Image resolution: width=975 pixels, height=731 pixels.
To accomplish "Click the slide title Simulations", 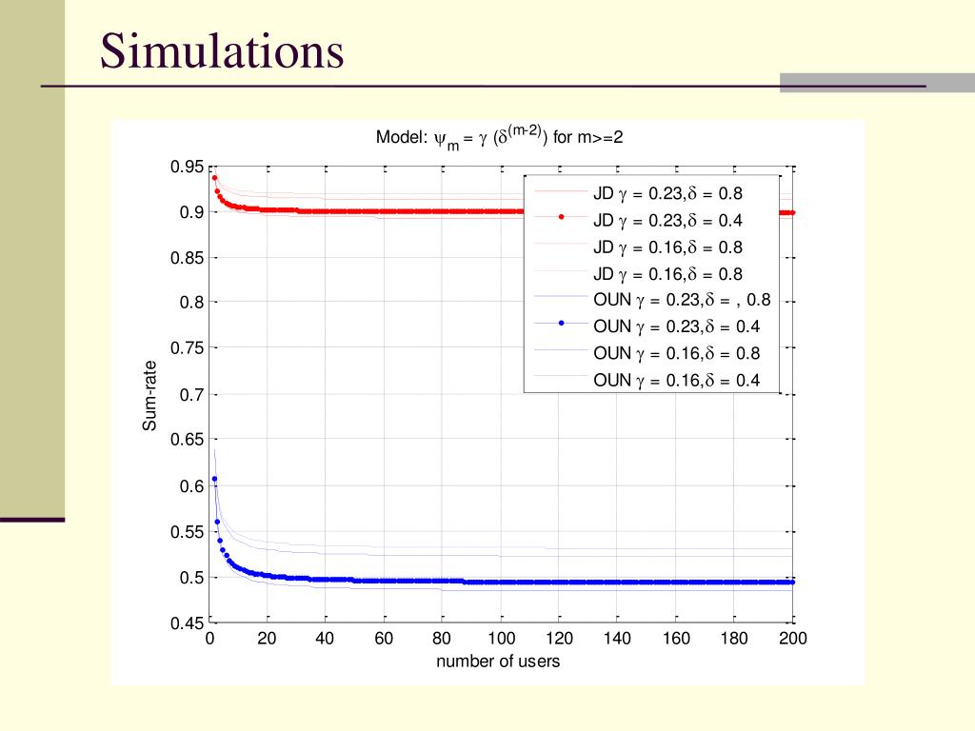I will [x=222, y=51].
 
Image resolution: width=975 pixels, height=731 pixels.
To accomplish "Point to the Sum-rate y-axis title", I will [x=149, y=395].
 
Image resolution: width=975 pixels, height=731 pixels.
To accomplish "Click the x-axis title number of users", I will [x=498, y=662].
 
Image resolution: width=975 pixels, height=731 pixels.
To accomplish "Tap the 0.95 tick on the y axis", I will [x=188, y=167].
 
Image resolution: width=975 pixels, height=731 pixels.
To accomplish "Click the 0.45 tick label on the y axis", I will [x=188, y=623].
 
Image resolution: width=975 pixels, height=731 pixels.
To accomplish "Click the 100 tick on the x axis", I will [x=502, y=639].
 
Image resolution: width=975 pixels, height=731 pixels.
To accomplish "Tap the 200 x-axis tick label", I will [x=793, y=639].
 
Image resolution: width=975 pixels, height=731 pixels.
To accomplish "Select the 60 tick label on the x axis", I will [x=384, y=639].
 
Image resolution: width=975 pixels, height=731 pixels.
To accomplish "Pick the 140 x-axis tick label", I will [x=618, y=639].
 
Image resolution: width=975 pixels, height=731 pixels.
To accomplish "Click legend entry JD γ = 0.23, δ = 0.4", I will [x=667, y=220].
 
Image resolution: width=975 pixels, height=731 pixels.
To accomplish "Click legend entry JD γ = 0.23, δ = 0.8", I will [x=667, y=193].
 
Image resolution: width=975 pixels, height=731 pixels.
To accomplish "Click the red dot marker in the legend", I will [x=562, y=218].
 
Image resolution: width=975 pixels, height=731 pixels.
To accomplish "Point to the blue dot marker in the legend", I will [x=562, y=325].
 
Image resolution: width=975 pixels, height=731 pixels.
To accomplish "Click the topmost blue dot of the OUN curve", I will [x=215, y=479].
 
